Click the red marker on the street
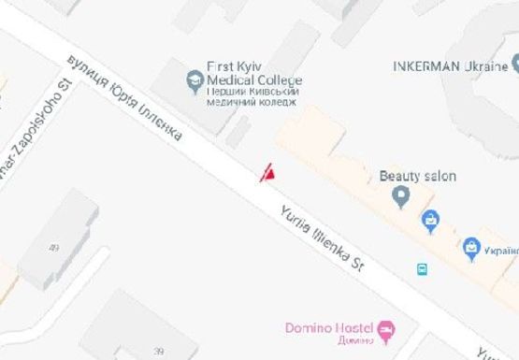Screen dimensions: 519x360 tap(267, 171)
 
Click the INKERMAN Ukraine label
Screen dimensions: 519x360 tap(450, 65)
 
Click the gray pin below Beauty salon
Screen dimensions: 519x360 tap(401, 196)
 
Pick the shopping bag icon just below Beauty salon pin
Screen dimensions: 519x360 tap(430, 222)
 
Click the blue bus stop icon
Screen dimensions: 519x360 tap(423, 269)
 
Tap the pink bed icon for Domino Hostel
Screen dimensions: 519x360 tap(385, 329)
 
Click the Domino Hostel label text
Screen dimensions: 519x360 tap(327, 328)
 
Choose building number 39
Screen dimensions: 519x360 tap(145, 350)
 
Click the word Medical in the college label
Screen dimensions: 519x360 tap(233, 80)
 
